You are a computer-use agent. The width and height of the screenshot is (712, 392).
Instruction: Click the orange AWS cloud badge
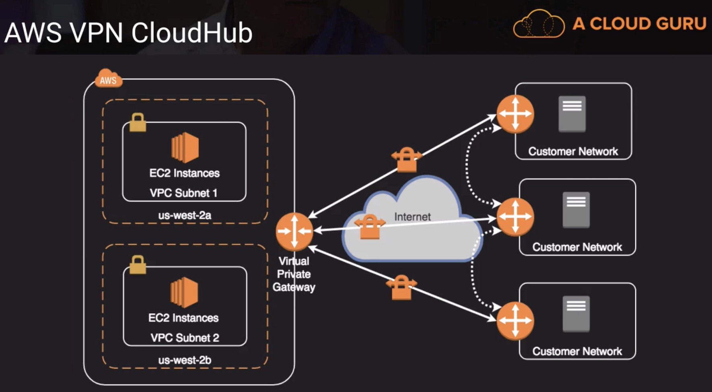[108, 79]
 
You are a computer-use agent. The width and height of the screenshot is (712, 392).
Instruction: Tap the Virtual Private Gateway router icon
[294, 231]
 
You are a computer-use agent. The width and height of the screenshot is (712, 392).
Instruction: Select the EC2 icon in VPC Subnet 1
[185, 148]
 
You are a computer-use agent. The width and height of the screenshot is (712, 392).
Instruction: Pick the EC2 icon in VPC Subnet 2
[184, 292]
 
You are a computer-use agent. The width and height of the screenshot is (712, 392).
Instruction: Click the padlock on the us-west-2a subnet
[138, 123]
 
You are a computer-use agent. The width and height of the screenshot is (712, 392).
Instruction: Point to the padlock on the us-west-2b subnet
[138, 265]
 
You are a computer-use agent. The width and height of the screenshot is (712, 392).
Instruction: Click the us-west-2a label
[185, 215]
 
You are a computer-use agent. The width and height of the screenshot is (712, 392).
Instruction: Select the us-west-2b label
[185, 360]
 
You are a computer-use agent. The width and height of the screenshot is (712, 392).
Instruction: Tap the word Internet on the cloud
[412, 217]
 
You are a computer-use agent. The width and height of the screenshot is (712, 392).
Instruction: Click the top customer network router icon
[515, 114]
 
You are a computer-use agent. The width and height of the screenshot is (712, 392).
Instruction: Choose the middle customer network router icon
[515, 217]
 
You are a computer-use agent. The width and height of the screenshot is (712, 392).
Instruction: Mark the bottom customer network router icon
[515, 321]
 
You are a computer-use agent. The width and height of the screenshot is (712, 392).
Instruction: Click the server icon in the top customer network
[572, 114]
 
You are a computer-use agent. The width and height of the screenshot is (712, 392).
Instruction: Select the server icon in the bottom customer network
[576, 314]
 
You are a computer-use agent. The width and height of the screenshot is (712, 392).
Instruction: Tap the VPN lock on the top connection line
[407, 160]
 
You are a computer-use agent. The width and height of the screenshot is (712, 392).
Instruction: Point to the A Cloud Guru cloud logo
[539, 24]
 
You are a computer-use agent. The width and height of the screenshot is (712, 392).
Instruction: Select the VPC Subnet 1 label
[183, 193]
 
